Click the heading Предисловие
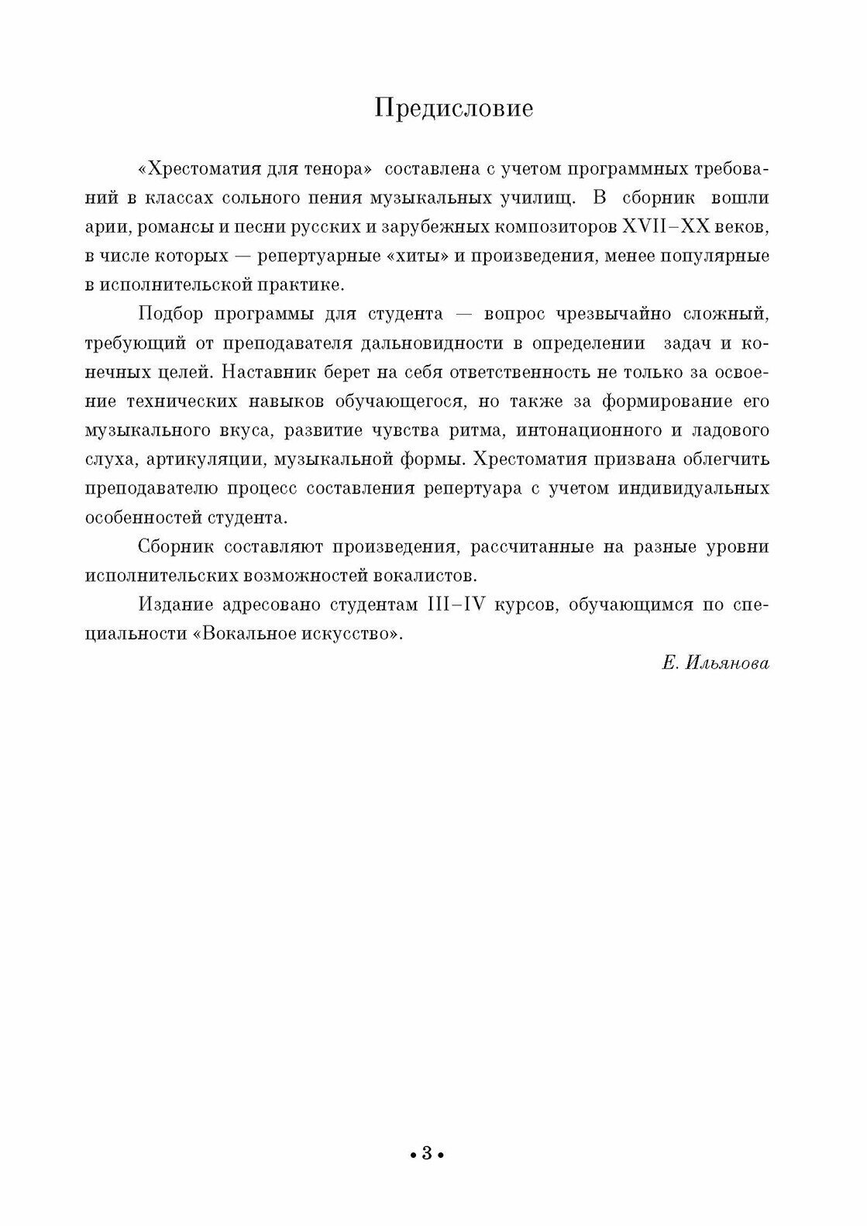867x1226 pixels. coord(454,109)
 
